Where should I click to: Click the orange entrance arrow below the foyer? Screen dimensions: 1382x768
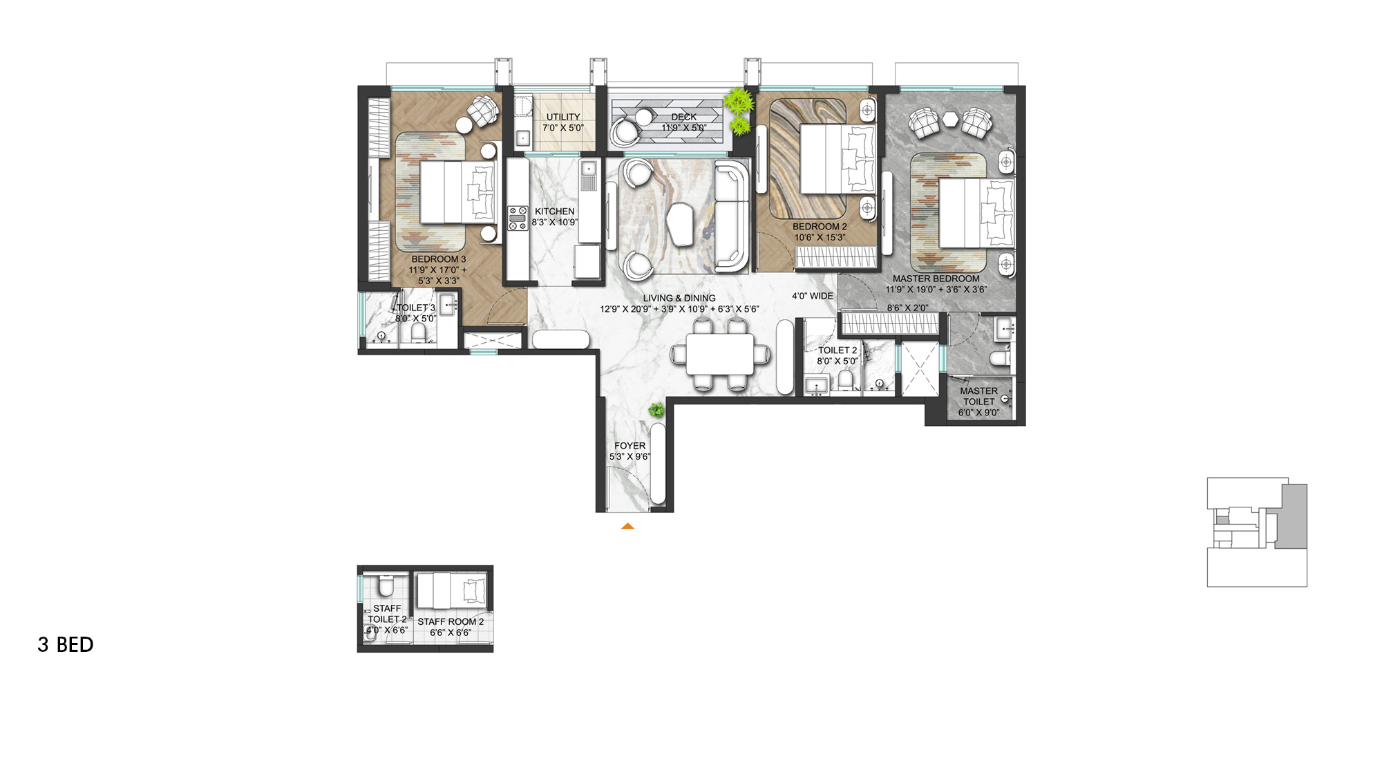[x=627, y=526]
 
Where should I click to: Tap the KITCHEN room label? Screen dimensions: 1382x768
[x=554, y=212]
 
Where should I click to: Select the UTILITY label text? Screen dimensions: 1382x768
[x=563, y=117]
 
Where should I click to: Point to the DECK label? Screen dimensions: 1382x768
[x=684, y=117]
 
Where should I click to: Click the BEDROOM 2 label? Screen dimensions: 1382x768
[x=820, y=226]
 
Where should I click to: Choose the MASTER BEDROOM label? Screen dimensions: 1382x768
[x=936, y=279]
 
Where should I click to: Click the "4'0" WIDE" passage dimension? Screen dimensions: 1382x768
[x=813, y=296]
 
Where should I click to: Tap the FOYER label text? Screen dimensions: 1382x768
[x=630, y=446]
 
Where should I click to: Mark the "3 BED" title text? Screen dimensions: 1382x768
[x=66, y=644]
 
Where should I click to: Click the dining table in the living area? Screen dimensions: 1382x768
[x=720, y=354]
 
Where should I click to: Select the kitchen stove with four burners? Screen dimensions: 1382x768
[x=518, y=218]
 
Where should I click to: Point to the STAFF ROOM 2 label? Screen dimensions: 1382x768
[x=451, y=621]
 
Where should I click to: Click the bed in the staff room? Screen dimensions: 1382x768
[x=451, y=590]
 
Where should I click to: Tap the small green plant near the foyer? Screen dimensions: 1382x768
[x=656, y=410]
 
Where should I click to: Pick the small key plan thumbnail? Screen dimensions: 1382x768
[x=1257, y=532]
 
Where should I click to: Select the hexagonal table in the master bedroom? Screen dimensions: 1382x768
[x=953, y=119]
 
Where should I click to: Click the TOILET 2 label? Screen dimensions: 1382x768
[x=837, y=350]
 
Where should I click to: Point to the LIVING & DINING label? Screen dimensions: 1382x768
[x=679, y=298]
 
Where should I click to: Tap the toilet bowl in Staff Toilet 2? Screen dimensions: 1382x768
[x=385, y=586]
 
